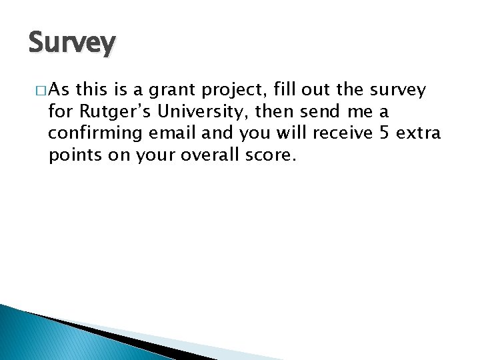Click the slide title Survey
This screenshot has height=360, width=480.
click(x=72, y=43)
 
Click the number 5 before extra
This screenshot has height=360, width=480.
click(x=384, y=133)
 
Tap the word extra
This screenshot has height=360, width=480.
click(x=419, y=133)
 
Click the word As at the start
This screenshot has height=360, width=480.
click(x=58, y=89)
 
